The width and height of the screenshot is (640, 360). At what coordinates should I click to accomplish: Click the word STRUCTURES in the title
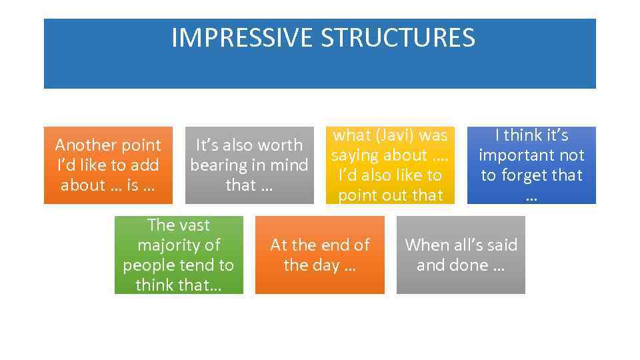(x=398, y=38)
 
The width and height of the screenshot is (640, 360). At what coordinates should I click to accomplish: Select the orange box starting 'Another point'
(x=108, y=165)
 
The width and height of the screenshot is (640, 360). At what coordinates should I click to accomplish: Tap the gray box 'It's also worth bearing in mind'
(x=249, y=165)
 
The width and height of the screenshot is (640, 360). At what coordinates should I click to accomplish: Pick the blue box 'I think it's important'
(x=531, y=165)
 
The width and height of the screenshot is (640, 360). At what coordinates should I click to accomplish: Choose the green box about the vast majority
(x=179, y=255)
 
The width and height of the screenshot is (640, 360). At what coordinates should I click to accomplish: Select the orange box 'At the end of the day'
(x=320, y=255)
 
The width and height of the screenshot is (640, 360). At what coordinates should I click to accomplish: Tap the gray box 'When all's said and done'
(x=461, y=255)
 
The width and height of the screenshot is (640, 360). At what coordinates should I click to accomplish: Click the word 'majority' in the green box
(x=179, y=245)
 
